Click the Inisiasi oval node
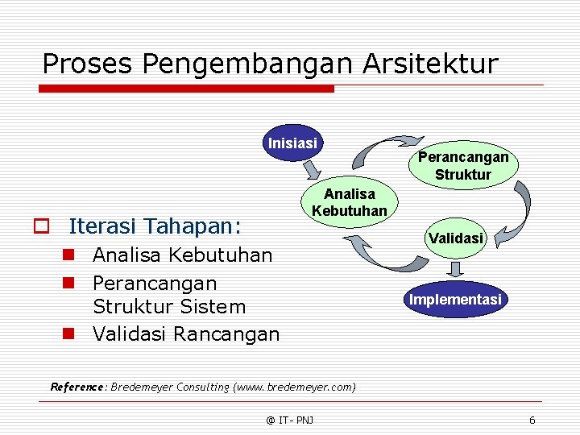coord(292,143)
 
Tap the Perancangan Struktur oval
coord(462,166)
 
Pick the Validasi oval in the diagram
coord(456,238)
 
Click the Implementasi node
coord(455,300)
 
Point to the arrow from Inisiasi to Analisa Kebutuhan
coord(311,170)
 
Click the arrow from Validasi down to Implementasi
coord(456,268)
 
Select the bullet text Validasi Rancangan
coord(186,333)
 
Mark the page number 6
coord(532,420)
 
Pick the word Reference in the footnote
coord(77,387)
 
